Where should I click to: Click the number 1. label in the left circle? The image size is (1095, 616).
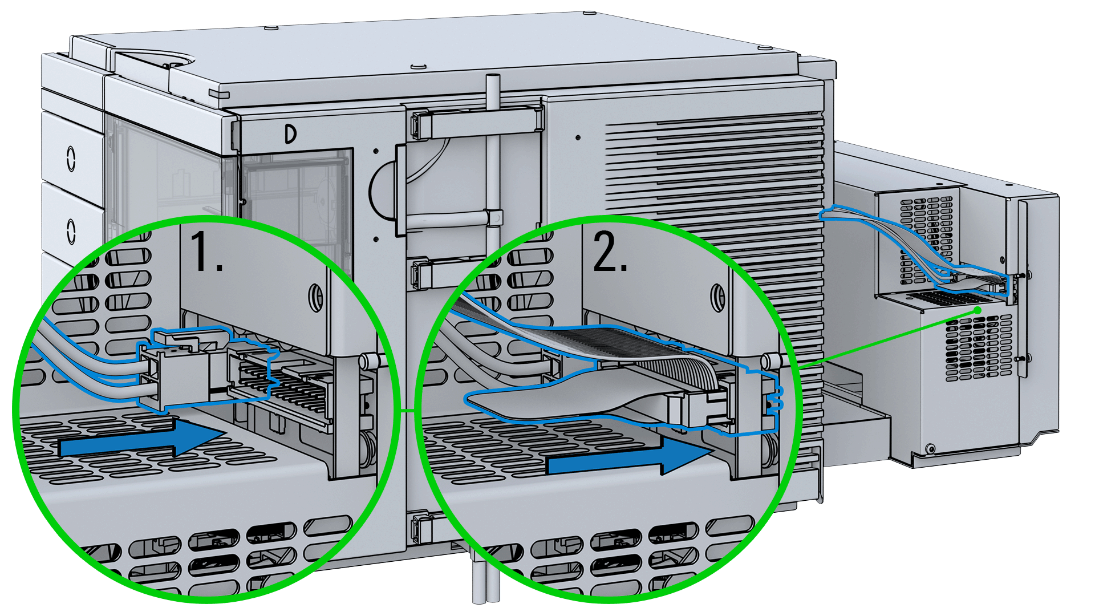tap(206, 251)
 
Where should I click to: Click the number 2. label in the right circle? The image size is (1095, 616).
tap(610, 251)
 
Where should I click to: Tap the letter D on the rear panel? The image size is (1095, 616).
tap(291, 135)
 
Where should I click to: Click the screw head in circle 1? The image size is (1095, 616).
tap(315, 297)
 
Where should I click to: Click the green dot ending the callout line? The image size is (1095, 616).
tap(978, 310)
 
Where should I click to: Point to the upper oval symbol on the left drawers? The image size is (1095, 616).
tap(71, 159)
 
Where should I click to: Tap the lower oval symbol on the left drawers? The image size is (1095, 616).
tap(71, 231)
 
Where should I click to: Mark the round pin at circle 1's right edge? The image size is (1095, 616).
tap(368, 360)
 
